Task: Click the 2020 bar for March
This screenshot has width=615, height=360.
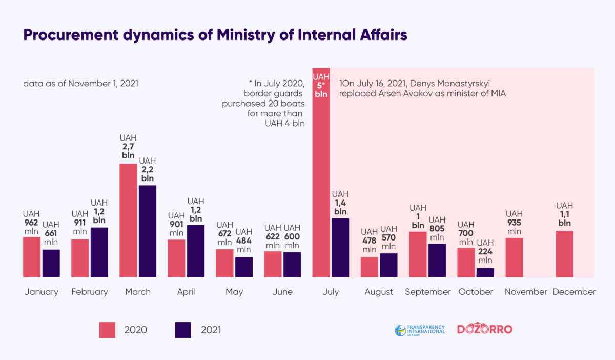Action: (128, 221)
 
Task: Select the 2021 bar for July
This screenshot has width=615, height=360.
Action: (340, 248)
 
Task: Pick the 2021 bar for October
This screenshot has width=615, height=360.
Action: (485, 272)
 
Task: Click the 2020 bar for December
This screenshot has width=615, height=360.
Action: (564, 254)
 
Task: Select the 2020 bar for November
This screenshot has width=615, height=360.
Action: (515, 257)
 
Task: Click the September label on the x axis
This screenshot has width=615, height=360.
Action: (427, 292)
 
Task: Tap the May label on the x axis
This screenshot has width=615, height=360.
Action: (234, 292)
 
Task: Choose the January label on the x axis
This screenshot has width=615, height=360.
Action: (42, 292)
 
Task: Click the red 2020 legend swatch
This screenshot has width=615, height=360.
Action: (108, 330)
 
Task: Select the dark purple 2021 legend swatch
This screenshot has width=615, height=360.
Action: (183, 330)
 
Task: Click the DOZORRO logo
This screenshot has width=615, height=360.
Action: (484, 329)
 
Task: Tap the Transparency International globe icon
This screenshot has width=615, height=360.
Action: (400, 330)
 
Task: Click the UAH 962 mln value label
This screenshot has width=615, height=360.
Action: (32, 223)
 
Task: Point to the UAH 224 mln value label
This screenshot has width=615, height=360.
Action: (485, 251)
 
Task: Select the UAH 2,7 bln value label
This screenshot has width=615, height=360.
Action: (128, 147)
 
